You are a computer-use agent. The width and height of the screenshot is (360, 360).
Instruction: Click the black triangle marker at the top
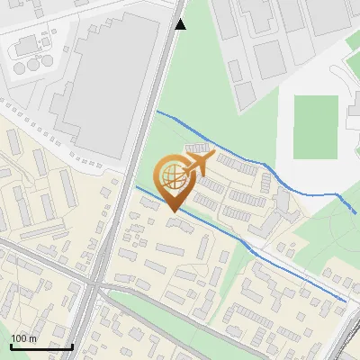180,24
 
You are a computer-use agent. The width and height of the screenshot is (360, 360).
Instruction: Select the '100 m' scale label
24,338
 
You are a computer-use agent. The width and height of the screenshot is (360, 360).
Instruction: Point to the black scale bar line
41,346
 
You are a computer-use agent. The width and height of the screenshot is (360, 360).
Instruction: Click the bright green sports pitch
315,126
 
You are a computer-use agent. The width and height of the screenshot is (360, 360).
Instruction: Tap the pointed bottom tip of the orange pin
173,211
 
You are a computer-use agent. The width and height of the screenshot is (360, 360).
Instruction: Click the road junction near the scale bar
94,286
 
